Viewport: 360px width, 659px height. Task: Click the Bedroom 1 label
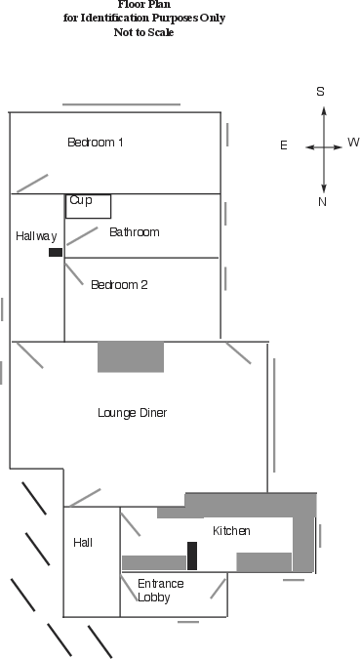point(95,143)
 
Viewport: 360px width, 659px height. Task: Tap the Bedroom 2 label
point(119,285)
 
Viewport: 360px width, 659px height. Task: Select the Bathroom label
point(135,232)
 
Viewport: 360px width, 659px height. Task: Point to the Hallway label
point(36,236)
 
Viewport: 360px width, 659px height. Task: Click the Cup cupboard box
point(89,206)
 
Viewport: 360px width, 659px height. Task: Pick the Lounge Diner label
point(133,413)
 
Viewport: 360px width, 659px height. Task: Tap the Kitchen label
point(232,531)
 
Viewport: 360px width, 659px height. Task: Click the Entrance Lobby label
point(160,590)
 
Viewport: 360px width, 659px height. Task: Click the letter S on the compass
point(320,91)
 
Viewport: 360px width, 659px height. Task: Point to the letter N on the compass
point(322,202)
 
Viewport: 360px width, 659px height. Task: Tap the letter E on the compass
point(284,145)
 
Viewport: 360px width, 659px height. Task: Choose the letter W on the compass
point(352,143)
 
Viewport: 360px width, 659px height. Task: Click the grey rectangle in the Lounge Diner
point(131,356)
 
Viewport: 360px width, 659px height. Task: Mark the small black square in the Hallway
point(56,252)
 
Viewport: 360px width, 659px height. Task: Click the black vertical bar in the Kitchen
point(192,556)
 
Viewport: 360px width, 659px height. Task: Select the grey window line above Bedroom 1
point(121,104)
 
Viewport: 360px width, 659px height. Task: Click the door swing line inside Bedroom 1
point(31,183)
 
